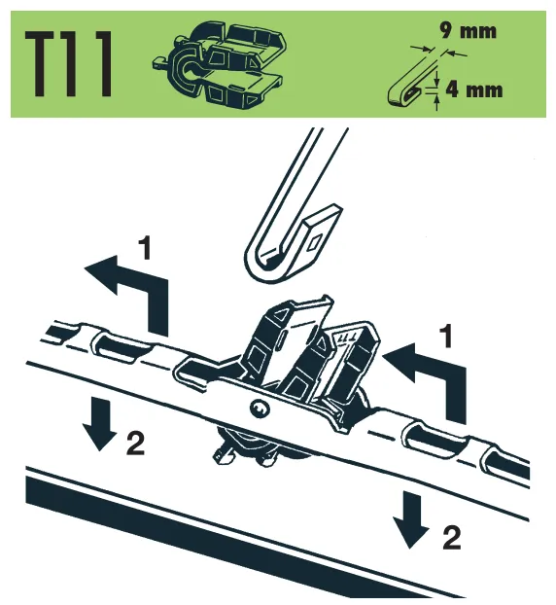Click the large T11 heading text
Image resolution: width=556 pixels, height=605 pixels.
pyautogui.click(x=69, y=64)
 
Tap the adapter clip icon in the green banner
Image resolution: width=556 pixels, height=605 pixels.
pyautogui.click(x=220, y=64)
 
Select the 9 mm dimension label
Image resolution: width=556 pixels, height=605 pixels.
pyautogui.click(x=469, y=31)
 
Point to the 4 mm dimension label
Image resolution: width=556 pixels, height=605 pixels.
pyautogui.click(x=474, y=89)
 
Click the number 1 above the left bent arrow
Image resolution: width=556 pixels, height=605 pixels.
pyautogui.click(x=145, y=248)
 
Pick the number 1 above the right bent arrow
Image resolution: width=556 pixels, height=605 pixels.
pyautogui.click(x=446, y=337)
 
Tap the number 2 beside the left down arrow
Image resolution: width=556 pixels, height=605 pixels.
pyautogui.click(x=135, y=444)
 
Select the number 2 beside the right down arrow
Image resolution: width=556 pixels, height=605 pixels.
pyautogui.click(x=452, y=538)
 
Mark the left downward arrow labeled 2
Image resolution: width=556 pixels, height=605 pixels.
pyautogui.click(x=99, y=424)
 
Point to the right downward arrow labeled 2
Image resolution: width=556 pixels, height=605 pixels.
pyautogui.click(x=410, y=519)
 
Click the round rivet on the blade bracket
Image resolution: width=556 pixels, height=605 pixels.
pyautogui.click(x=258, y=409)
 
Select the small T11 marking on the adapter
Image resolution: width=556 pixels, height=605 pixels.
pyautogui.click(x=347, y=338)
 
